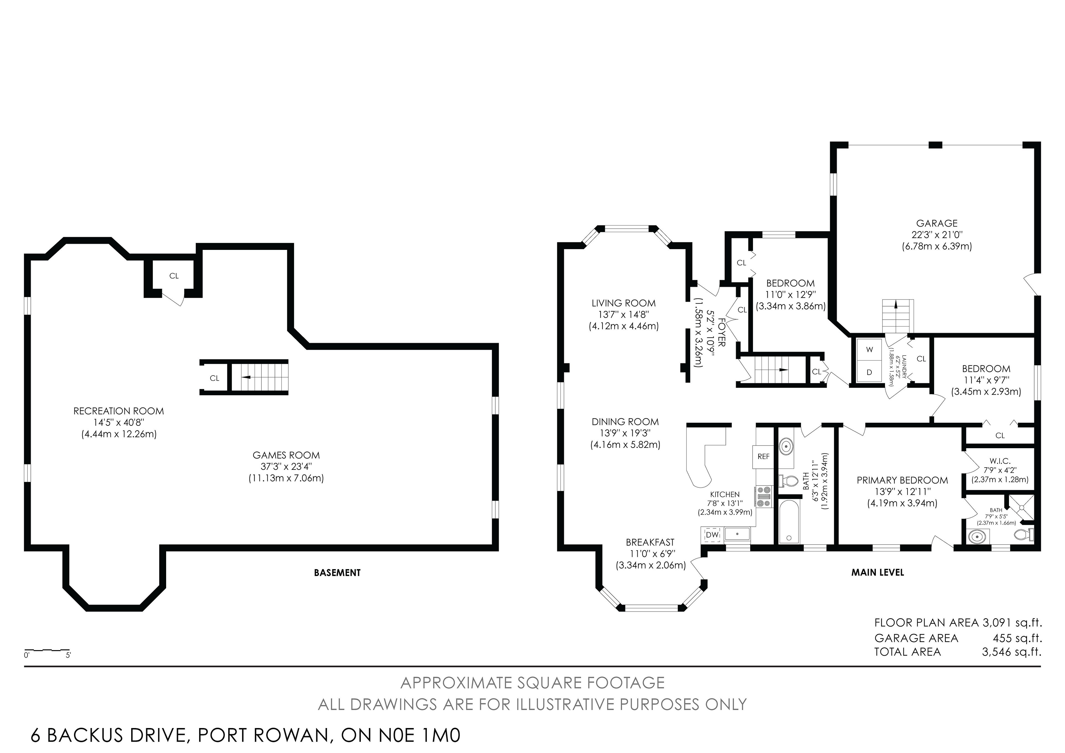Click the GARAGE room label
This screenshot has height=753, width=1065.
click(937, 223)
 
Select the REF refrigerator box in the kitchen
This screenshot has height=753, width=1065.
click(764, 457)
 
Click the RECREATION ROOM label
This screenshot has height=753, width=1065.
click(119, 411)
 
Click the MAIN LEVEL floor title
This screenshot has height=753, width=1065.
click(878, 572)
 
